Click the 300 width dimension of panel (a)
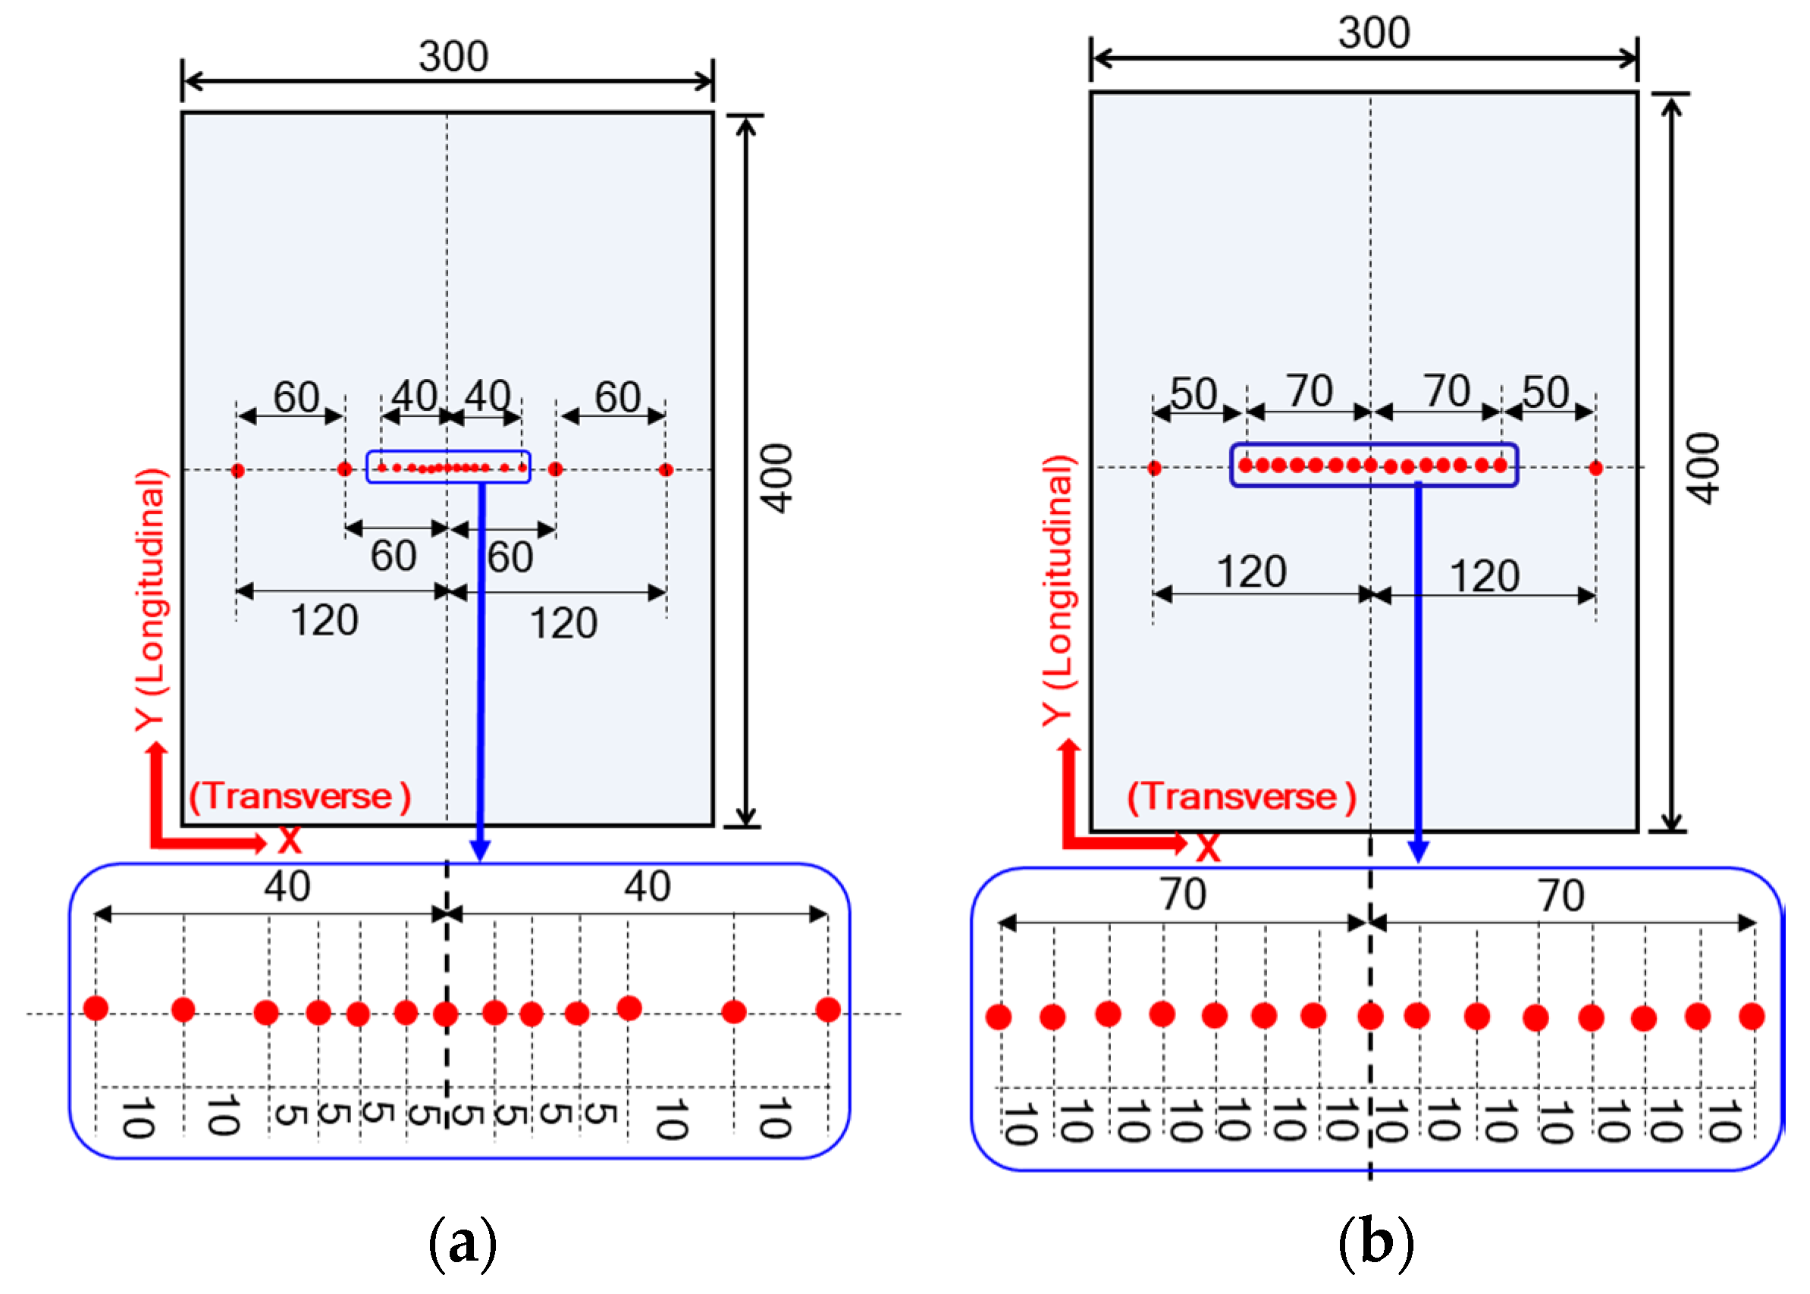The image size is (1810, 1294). [x=453, y=57]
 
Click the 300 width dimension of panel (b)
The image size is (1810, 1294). [x=1373, y=33]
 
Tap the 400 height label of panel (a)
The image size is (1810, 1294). [x=776, y=478]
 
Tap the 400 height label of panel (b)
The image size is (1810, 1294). [x=1703, y=468]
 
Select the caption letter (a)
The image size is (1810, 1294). [x=463, y=1243]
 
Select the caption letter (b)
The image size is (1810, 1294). [x=1376, y=1243]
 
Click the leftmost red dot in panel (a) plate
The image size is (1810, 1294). [x=237, y=470]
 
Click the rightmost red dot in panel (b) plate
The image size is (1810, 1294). [x=1595, y=468]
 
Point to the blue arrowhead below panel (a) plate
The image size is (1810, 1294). [x=480, y=851]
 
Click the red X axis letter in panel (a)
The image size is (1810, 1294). [x=290, y=841]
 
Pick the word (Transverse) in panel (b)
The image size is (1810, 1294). [x=1241, y=797]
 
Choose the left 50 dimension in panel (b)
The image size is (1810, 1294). [x=1193, y=393]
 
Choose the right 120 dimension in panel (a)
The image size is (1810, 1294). [x=563, y=623]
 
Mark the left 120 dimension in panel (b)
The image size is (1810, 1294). [x=1250, y=572]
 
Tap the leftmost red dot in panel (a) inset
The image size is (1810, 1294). [x=96, y=1008]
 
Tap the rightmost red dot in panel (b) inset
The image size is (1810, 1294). [x=1751, y=1017]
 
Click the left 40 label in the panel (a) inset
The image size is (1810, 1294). [x=287, y=887]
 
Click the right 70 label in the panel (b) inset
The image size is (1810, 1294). [x=1561, y=895]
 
